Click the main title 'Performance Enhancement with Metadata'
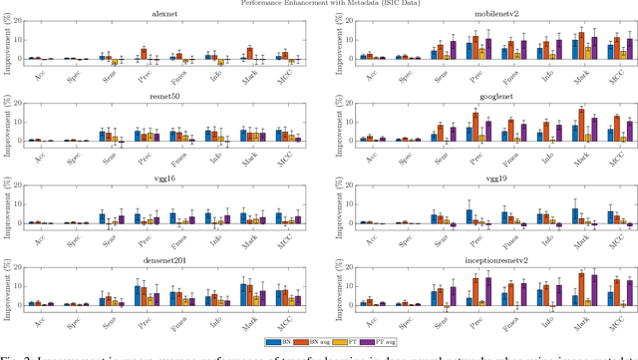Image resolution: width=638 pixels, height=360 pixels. (x=319, y=4)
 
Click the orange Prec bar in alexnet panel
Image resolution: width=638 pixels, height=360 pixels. (x=144, y=54)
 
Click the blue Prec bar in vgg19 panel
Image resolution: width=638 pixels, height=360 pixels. (x=469, y=216)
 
